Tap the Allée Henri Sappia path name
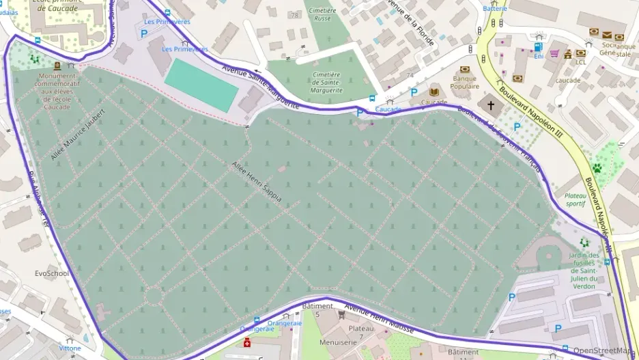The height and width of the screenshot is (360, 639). tap(256, 182)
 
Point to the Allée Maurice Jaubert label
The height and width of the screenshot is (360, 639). tap(79, 134)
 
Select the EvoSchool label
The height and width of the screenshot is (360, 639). tap(52, 273)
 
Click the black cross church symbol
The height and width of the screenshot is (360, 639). tap(490, 105)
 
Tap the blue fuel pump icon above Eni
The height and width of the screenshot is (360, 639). tap(539, 47)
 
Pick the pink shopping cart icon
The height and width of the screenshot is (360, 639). tap(554, 53)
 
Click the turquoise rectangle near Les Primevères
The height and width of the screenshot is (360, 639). tap(201, 85)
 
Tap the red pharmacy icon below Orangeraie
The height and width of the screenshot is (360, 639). tap(247, 342)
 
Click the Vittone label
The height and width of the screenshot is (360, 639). tap(70, 348)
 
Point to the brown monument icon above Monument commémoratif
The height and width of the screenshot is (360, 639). tap(57, 66)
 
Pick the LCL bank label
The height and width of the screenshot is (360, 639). tap(580, 62)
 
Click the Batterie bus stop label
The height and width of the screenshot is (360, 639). tap(495, 8)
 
